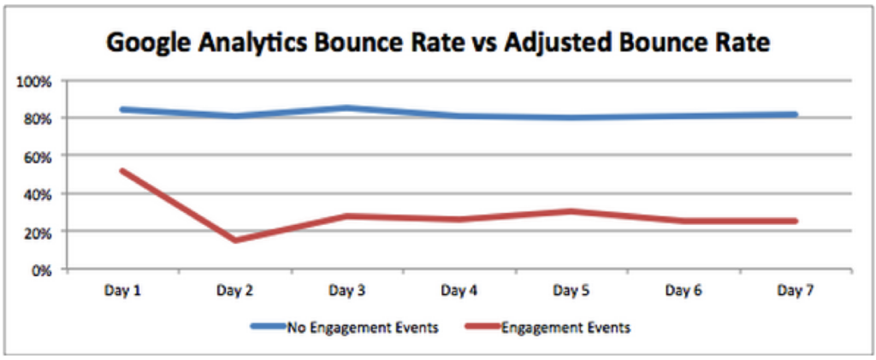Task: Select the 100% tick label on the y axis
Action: click(35, 80)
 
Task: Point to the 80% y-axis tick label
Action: click(38, 118)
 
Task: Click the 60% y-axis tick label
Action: click(38, 156)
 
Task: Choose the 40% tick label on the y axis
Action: click(38, 194)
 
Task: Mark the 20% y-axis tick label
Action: click(38, 233)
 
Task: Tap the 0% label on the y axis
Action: click(41, 270)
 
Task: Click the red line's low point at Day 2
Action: click(235, 240)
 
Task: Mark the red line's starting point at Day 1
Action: click(123, 171)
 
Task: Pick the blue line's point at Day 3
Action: click(347, 108)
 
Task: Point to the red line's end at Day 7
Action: click(796, 221)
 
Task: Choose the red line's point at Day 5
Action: click(571, 211)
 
